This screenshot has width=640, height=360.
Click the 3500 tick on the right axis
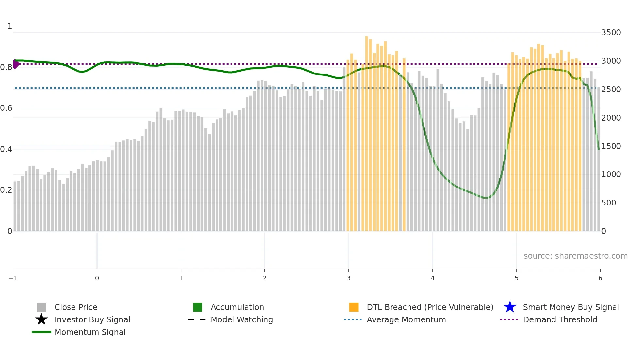pyautogui.click(x=611, y=33)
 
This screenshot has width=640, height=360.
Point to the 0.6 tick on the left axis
pyautogui.click(x=6, y=108)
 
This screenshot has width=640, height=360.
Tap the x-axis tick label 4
pyautogui.click(x=433, y=278)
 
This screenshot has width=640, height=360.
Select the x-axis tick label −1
pyautogui.click(x=13, y=278)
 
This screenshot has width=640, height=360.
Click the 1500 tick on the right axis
pyautogui.click(x=611, y=146)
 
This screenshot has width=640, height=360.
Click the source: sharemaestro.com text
pyautogui.click(x=575, y=256)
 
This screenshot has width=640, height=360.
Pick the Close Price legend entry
pyautogui.click(x=76, y=307)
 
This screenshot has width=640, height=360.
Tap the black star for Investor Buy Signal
pyautogui.click(x=41, y=319)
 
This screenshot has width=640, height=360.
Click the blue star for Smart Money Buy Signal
pyautogui.click(x=510, y=307)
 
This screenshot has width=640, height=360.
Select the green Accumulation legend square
pyautogui.click(x=198, y=307)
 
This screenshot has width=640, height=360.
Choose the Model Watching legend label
pyautogui.click(x=242, y=320)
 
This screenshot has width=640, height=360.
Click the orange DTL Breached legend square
pyautogui.click(x=354, y=307)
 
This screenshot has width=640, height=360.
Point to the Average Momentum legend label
pyautogui.click(x=406, y=320)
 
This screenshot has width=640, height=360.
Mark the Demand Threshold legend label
pyautogui.click(x=560, y=320)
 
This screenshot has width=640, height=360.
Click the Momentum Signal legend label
pyautogui.click(x=90, y=332)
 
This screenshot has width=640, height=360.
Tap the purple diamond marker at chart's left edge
pyautogui.click(x=16, y=64)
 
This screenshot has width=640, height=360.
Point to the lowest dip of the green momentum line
pyautogui.click(x=486, y=198)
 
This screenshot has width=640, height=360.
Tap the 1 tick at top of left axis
pyautogui.click(x=10, y=26)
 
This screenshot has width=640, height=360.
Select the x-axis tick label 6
pyautogui.click(x=600, y=278)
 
